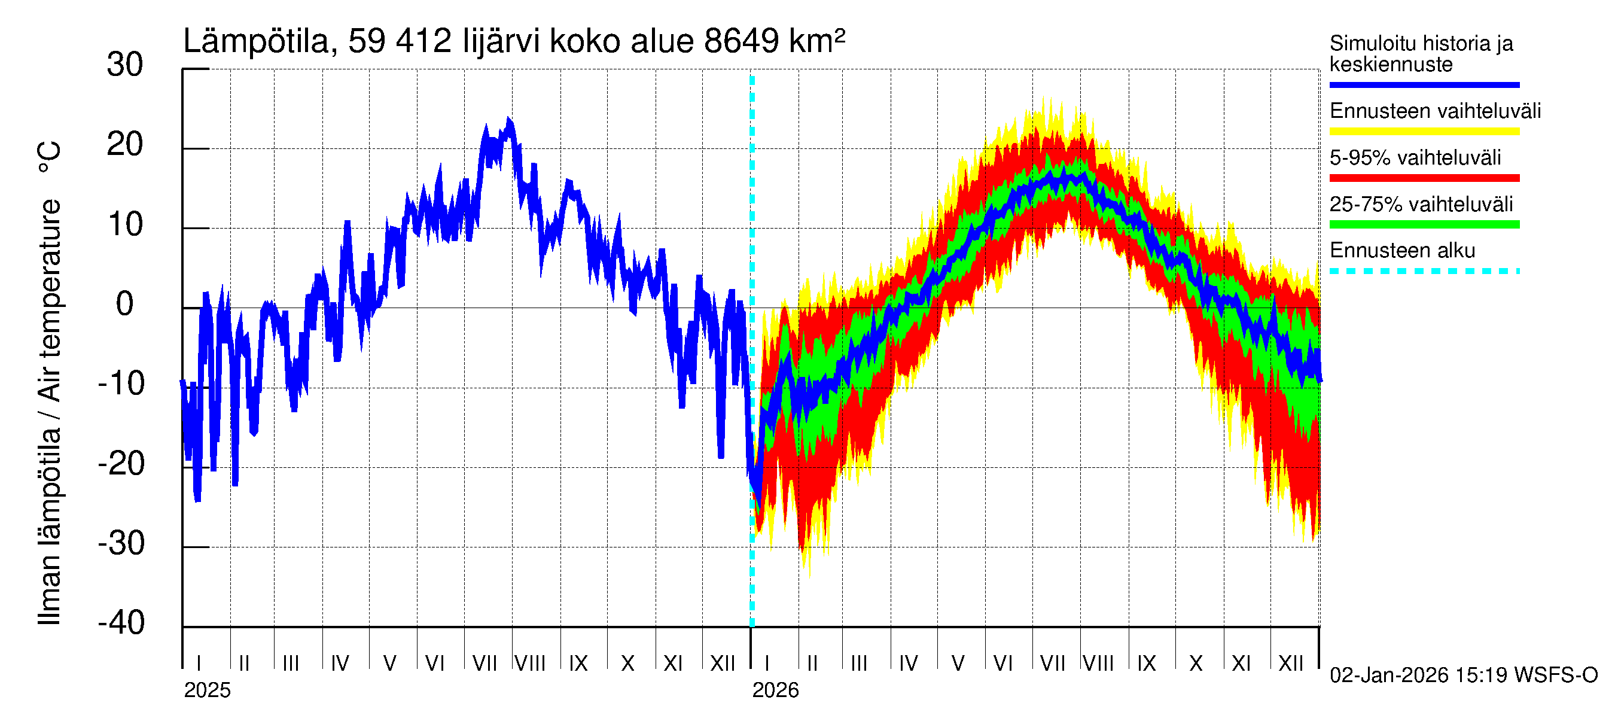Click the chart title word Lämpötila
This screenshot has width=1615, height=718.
click(256, 41)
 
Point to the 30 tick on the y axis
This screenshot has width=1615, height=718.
click(125, 65)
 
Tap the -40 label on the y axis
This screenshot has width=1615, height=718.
click(121, 623)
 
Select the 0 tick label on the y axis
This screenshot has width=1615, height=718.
click(125, 304)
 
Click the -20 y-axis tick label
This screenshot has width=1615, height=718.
click(121, 464)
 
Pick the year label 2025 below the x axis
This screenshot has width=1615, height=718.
click(207, 690)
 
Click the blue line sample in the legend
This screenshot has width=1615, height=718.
click(1424, 84)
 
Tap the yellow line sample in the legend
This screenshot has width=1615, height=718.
click(1424, 132)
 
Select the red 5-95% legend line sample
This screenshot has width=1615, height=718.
click(1424, 178)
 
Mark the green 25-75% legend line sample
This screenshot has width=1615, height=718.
click(1424, 224)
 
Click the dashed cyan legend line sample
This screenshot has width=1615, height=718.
click(1424, 272)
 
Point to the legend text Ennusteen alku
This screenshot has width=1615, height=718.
click(1402, 251)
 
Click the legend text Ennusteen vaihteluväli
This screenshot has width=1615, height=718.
click(1434, 111)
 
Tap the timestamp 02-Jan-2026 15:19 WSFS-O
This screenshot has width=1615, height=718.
click(1463, 676)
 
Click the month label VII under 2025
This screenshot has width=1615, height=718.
click(484, 664)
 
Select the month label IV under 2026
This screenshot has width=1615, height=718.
click(909, 664)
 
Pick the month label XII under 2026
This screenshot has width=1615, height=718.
click(1291, 664)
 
